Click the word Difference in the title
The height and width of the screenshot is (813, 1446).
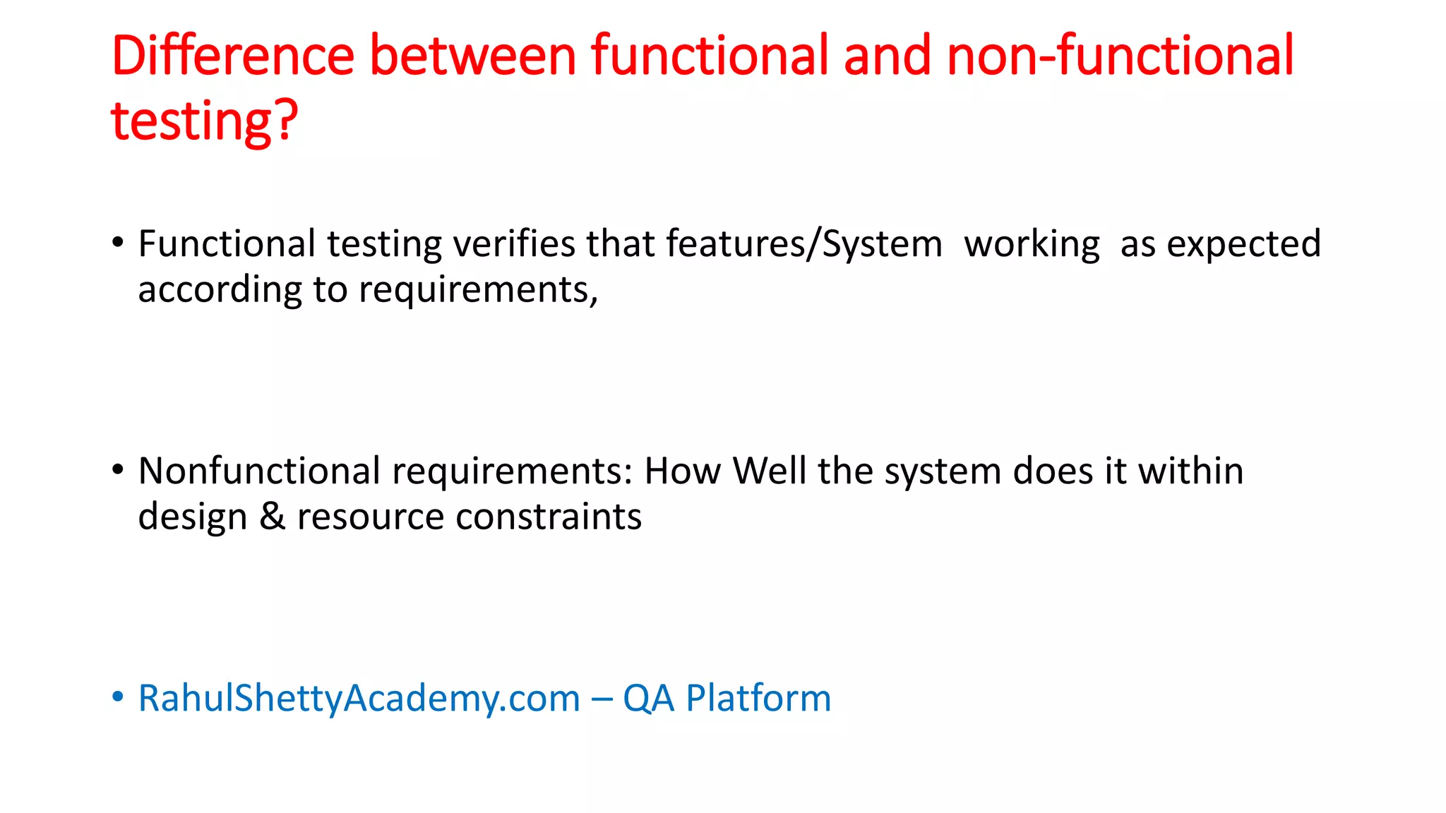[x=233, y=56]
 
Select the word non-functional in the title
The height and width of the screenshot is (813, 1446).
[x=1120, y=56]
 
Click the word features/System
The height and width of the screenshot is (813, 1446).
[x=803, y=244]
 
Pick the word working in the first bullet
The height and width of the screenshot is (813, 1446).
[x=1032, y=244]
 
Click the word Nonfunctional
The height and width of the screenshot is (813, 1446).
[x=259, y=471]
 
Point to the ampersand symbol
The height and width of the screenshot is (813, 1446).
[x=273, y=517]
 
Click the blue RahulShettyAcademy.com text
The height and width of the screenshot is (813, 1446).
[x=359, y=699]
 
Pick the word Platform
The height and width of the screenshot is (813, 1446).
[x=758, y=699]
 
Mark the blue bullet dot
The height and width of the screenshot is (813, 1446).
[x=118, y=697]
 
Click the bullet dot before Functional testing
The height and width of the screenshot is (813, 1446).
[x=118, y=242]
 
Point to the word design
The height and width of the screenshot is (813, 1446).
[x=192, y=517]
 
